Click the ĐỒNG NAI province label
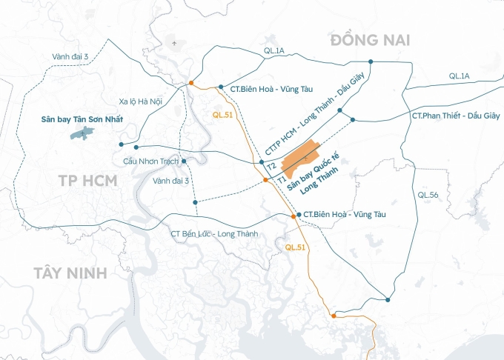pyautogui.click(x=371, y=39)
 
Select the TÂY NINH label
pyautogui.click(x=70, y=273)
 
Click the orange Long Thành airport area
pyautogui.click(x=302, y=157)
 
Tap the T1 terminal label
pyautogui.click(x=281, y=179)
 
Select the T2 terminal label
pyautogui.click(x=271, y=165)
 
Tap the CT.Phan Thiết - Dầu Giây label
pyautogui.click(x=455, y=116)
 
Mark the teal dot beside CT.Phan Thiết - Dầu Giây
pyautogui.click(x=353, y=119)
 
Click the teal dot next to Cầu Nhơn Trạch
pyautogui.click(x=183, y=160)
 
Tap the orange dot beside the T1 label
pyautogui.click(x=266, y=180)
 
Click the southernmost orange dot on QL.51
pyautogui.click(x=334, y=316)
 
